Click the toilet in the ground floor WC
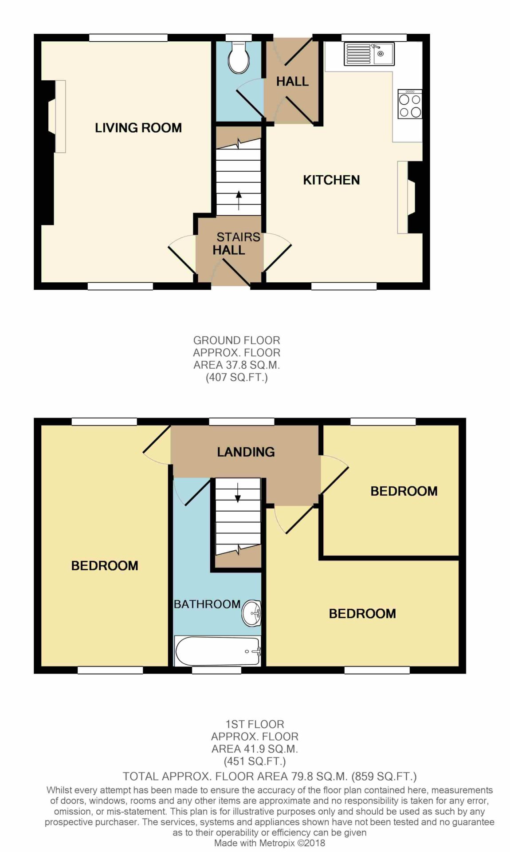pos(239,58)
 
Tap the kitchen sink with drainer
pos(369,54)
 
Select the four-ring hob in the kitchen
pos(410,104)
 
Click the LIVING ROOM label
pos(138,128)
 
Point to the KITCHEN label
pos(331,180)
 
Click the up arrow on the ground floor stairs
pos(239,200)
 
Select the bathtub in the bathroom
pos(218,651)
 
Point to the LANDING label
pos(246,452)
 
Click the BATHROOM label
pos(207,604)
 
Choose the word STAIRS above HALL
pos(238,237)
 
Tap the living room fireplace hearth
pos(60,116)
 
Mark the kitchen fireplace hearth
pos(403,197)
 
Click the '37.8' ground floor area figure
pos(231,365)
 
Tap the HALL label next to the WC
pos(292,81)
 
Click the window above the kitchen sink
pos(374,38)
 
